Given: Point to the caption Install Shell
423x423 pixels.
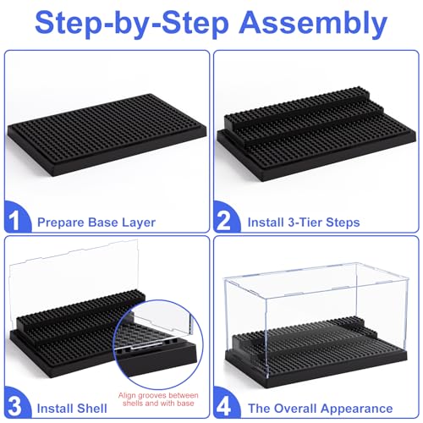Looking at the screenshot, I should (75, 404).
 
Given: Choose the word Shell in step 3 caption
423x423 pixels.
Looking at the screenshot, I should (92, 404).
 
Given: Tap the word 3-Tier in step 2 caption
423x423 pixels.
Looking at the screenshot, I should (301, 222).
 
